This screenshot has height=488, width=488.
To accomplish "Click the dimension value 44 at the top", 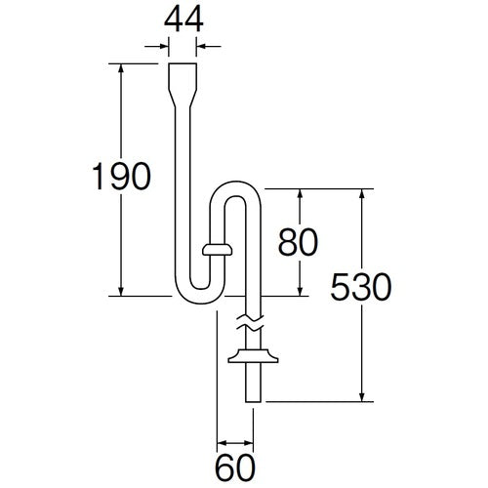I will click(x=183, y=20).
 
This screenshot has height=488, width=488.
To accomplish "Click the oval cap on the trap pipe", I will click(x=217, y=251).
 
